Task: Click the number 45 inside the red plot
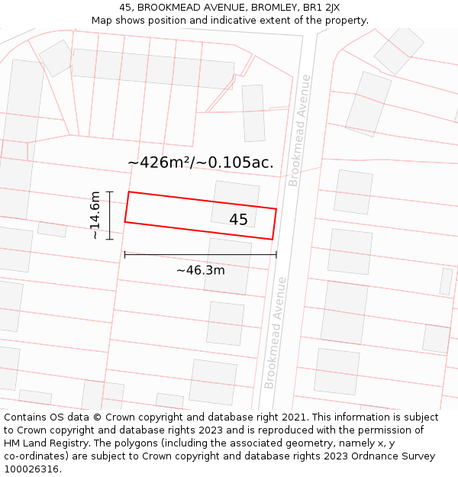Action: tap(238, 220)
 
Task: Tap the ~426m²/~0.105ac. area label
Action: tap(200, 163)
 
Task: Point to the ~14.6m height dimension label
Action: tap(95, 215)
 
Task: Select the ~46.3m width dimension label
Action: tap(200, 270)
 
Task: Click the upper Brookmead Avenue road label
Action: tap(300, 130)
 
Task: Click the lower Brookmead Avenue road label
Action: tap(276, 333)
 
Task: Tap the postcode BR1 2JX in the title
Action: tap(321, 8)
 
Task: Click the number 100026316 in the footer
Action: tap(32, 469)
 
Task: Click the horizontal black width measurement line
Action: tap(200, 255)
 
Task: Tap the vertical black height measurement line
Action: tap(110, 215)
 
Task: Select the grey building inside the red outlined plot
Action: tap(235, 204)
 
